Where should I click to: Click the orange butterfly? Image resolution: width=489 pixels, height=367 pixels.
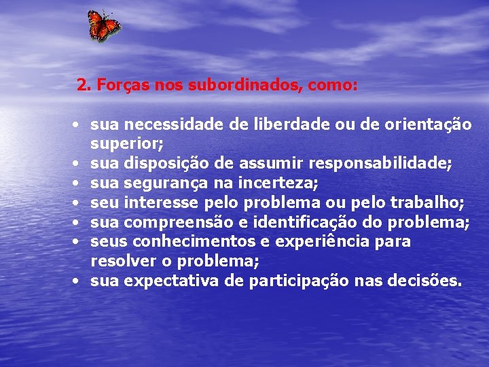tap(104, 26)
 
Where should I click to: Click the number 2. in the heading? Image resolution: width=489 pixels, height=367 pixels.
tap(84, 86)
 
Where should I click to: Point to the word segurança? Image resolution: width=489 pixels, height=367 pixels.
tap(160, 183)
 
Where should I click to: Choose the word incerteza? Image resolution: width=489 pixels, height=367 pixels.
tap(273, 183)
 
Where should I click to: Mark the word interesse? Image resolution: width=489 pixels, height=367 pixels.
tap(162, 203)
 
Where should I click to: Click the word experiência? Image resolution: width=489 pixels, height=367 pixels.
tap(312, 242)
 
